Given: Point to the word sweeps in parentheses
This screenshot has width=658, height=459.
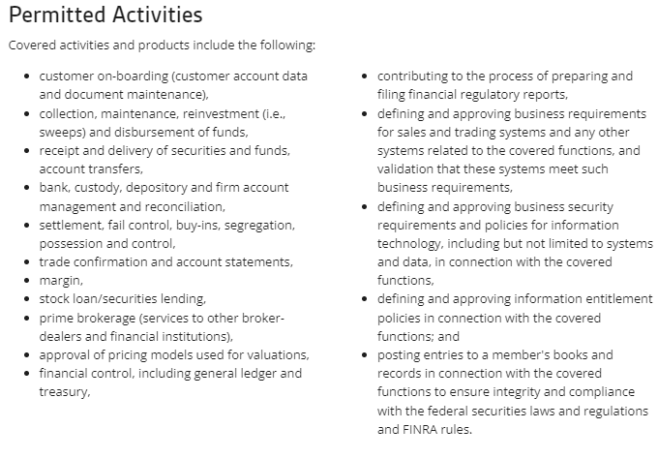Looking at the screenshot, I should pyautogui.click(x=61, y=132).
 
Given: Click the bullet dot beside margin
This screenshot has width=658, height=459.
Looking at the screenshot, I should pyautogui.click(x=26, y=281).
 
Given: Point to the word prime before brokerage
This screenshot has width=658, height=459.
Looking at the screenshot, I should pyautogui.click(x=57, y=318).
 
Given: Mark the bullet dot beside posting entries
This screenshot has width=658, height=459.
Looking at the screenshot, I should pyautogui.click(x=364, y=355).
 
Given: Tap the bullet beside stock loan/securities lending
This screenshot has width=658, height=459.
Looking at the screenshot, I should pyautogui.click(x=26, y=299).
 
